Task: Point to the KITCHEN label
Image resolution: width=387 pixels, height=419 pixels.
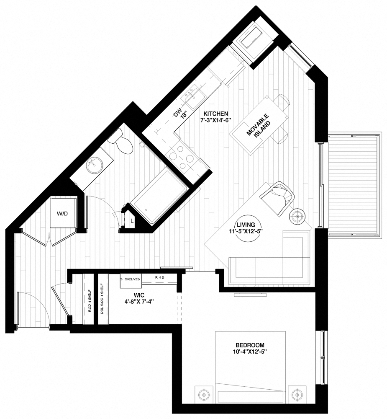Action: click(x=215, y=114)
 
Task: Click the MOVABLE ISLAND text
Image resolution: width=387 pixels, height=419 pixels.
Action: click(x=257, y=126)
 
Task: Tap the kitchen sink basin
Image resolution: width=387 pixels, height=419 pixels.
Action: click(x=193, y=96)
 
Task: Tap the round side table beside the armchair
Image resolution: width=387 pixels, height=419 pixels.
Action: click(x=298, y=216)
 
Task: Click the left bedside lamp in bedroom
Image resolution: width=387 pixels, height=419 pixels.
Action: click(x=203, y=395)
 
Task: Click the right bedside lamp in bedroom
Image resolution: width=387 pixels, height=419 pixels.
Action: click(x=297, y=395)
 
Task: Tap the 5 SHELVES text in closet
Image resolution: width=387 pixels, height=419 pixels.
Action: click(x=130, y=278)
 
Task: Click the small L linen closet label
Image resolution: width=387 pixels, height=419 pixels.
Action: click(x=132, y=220)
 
